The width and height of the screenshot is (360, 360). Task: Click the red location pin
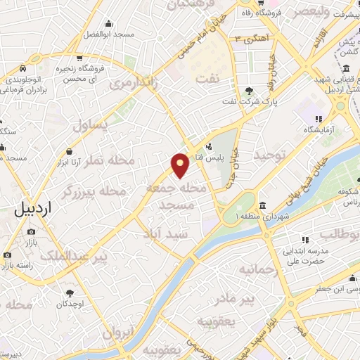(x=181, y=165)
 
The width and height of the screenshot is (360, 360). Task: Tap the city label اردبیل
(x=32, y=209)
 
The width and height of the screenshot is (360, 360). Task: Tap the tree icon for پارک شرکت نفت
(x=249, y=91)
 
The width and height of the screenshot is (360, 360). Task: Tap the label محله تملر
(x=109, y=161)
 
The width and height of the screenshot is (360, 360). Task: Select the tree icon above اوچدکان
(x=70, y=292)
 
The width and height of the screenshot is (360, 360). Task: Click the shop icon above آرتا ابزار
(x=70, y=152)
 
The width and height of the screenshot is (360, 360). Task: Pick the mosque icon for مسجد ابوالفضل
(x=108, y=23)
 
